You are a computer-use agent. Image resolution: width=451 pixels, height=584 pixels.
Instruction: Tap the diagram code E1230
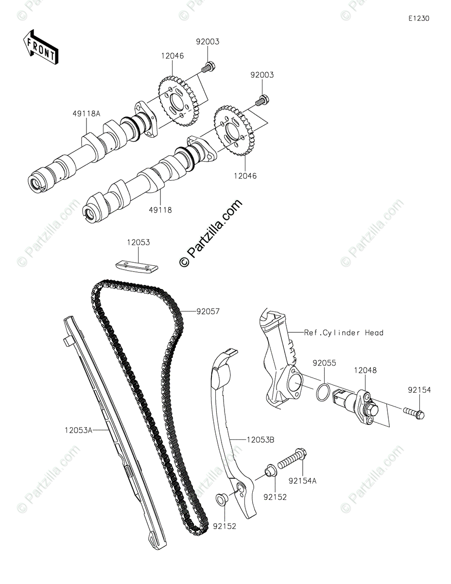click(x=418, y=18)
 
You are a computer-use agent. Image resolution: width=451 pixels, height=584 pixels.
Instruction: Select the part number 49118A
click(x=87, y=113)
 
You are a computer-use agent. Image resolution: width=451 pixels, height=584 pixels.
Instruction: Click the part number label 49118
click(x=160, y=210)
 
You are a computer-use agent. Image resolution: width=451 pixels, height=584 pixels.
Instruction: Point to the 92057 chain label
click(x=208, y=311)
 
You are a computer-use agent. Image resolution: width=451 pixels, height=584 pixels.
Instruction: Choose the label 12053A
click(x=77, y=430)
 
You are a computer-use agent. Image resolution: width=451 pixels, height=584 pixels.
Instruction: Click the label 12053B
click(x=260, y=439)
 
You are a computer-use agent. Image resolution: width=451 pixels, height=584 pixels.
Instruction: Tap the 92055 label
click(x=324, y=363)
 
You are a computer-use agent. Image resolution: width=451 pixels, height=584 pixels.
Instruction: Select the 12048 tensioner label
click(x=364, y=370)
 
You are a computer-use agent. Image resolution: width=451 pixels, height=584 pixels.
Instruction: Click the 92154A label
click(x=302, y=480)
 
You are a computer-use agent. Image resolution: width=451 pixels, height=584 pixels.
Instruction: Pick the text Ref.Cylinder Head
click(x=344, y=333)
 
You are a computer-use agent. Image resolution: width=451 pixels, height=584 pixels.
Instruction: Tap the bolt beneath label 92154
click(x=414, y=414)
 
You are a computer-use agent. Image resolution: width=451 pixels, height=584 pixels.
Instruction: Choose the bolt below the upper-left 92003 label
click(x=208, y=67)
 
